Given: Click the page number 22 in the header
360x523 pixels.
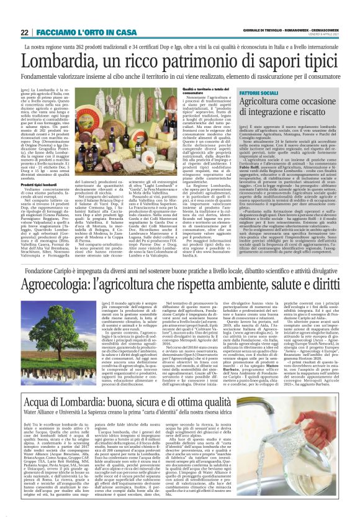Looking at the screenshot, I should (x=24, y=32).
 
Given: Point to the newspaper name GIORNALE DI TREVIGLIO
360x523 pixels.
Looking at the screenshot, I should (x=227, y=32).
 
